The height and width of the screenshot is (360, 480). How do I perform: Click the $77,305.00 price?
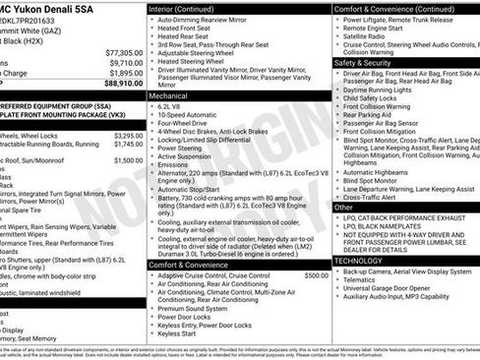pyautogui.click(x=123, y=51)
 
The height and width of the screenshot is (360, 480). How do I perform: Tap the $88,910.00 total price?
pyautogui.click(x=123, y=84)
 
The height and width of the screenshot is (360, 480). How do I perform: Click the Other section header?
pyautogui.click(x=344, y=208)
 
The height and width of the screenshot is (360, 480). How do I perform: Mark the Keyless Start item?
pyautogui.click(x=183, y=333)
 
